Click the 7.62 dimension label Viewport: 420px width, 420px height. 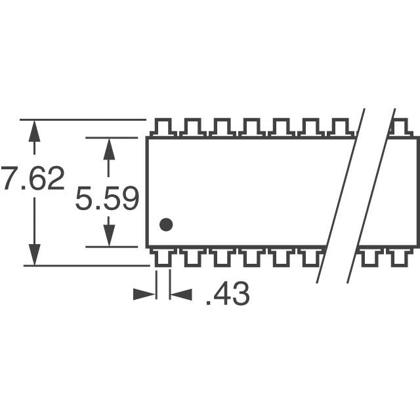pyautogui.click(x=33, y=178)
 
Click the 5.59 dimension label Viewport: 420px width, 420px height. pyautogui.click(x=107, y=198)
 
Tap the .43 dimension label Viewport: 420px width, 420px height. pyautogui.click(x=228, y=293)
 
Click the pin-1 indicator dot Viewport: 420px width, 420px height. pyautogui.click(x=166, y=224)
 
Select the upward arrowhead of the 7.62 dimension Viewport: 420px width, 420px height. pyautogui.click(x=34, y=131)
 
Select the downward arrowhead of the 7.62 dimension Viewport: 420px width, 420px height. pyautogui.click(x=34, y=255)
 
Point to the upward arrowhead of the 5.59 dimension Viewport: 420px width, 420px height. pyautogui.click(x=109, y=149)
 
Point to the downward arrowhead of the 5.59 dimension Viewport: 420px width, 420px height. pyautogui.click(x=109, y=235)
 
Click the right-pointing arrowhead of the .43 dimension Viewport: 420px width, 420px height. pyautogui.click(x=144, y=295)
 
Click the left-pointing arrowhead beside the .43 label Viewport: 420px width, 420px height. pyautogui.click(x=181, y=295)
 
